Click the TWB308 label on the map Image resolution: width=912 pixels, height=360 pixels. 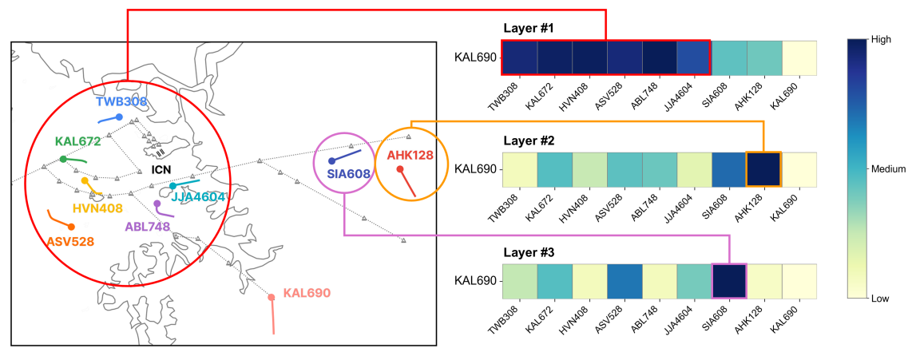[121, 102]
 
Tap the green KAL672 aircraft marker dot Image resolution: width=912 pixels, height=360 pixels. [63, 159]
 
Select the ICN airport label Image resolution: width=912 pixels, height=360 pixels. [162, 170]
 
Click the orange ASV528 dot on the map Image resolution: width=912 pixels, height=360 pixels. [71, 227]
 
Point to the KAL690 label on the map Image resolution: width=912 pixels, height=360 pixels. [307, 293]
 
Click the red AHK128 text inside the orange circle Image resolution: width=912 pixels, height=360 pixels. [411, 155]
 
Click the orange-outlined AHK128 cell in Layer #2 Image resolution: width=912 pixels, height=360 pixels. [763, 168]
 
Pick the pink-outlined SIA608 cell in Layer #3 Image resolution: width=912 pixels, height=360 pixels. [728, 280]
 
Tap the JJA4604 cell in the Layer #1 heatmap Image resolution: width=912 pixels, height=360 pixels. [694, 57]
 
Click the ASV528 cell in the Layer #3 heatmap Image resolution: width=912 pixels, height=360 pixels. [624, 280]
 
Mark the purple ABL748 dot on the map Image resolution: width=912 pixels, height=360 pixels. [157, 204]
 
